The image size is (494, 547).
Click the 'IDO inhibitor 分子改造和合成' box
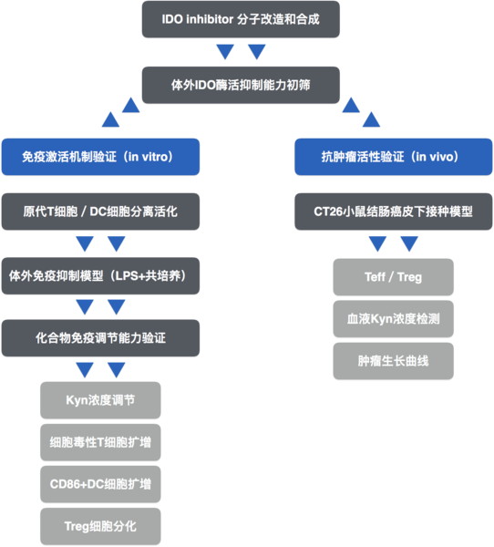[x=241, y=19]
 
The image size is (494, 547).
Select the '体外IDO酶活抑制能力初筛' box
[x=241, y=85]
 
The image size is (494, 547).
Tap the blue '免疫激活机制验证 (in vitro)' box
[x=100, y=157]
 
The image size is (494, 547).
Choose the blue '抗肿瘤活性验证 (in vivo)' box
[x=394, y=157]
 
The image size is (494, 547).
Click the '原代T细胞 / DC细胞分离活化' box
[x=100, y=212]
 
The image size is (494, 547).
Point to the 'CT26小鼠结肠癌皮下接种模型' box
[x=394, y=212]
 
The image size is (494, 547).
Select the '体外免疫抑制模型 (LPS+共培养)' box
[x=100, y=276]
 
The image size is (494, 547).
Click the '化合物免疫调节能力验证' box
[x=100, y=338]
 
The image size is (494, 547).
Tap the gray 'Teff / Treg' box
[x=394, y=277]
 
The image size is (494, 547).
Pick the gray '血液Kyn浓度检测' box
[x=394, y=319]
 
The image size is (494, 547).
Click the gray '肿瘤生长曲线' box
[x=394, y=361]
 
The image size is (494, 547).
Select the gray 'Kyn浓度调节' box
[x=100, y=400]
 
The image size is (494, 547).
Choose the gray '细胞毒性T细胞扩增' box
[x=100, y=442]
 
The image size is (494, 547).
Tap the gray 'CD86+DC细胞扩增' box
[x=100, y=484]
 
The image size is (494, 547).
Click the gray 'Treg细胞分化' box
[x=100, y=526]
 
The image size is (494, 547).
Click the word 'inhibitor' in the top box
[x=210, y=19]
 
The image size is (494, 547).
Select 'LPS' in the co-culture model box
[x=128, y=276]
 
